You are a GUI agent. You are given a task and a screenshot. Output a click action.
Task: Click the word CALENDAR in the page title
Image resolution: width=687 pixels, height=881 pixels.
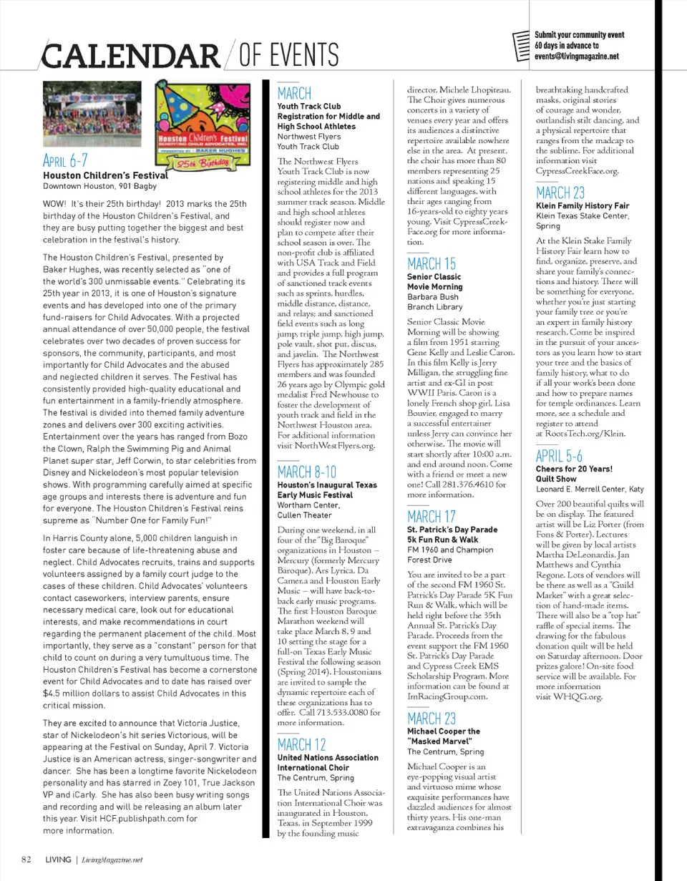(x=130, y=54)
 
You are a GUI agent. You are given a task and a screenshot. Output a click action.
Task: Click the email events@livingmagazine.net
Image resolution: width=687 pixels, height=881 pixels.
(x=576, y=57)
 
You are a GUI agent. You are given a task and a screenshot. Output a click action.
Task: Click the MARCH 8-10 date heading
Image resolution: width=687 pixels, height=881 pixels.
(x=306, y=472)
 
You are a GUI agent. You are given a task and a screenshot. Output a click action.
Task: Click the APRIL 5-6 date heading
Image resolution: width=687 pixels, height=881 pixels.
(x=560, y=457)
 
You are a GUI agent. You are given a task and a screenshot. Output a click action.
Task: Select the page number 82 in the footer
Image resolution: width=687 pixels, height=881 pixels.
(x=25, y=860)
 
